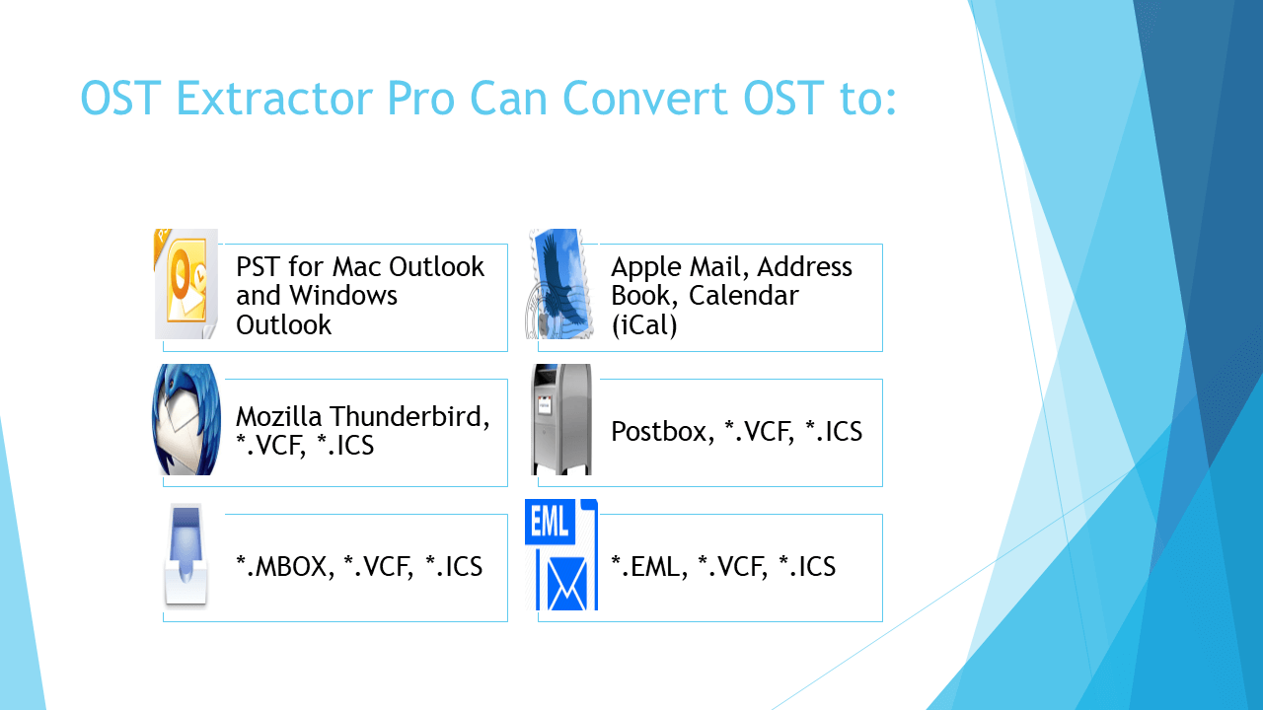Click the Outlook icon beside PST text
coord(186,284)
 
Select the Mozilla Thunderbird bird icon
coord(186,420)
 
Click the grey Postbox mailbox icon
coord(561,420)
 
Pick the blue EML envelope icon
coord(561,555)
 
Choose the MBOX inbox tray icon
coord(186,555)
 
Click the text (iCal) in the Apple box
coord(644,325)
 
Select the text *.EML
coord(647,567)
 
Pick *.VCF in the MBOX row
coord(378,567)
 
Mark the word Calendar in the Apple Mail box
coord(744,296)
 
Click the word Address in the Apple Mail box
coord(805,267)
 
